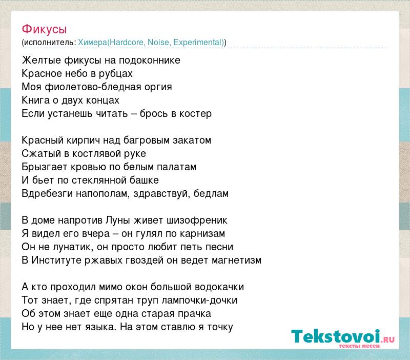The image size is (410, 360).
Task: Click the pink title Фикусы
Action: (44, 29)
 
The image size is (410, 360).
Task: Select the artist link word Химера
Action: (92, 42)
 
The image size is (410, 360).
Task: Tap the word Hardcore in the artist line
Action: (127, 42)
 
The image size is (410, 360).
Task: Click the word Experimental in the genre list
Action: (198, 42)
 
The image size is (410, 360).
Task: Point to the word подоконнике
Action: (150, 61)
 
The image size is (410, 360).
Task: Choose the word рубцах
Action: (116, 74)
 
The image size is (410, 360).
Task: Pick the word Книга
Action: (35, 100)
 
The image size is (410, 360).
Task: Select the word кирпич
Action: (83, 141)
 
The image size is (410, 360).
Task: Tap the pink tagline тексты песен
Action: (359, 346)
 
